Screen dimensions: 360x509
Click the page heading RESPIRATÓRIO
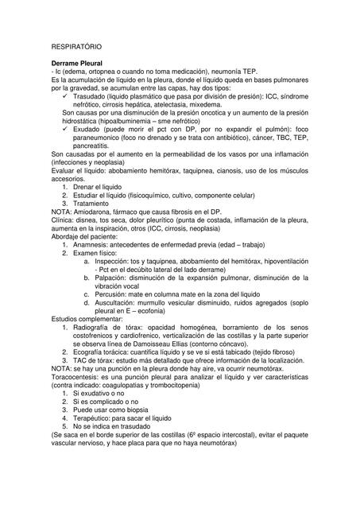[77, 47]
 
